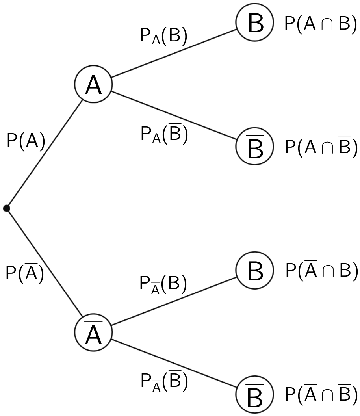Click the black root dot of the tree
[6, 208]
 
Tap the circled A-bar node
[93, 332]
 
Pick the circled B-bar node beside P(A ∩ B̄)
[255, 147]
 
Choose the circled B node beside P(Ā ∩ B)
[255, 271]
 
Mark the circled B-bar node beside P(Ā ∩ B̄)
[255, 395]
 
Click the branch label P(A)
[26, 141]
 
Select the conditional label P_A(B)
[163, 36]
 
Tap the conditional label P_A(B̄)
[164, 134]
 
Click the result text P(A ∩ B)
[320, 24]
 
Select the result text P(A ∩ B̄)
[321, 147]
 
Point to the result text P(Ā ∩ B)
[321, 270]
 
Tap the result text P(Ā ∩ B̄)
[321, 395]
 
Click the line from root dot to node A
[44, 154]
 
